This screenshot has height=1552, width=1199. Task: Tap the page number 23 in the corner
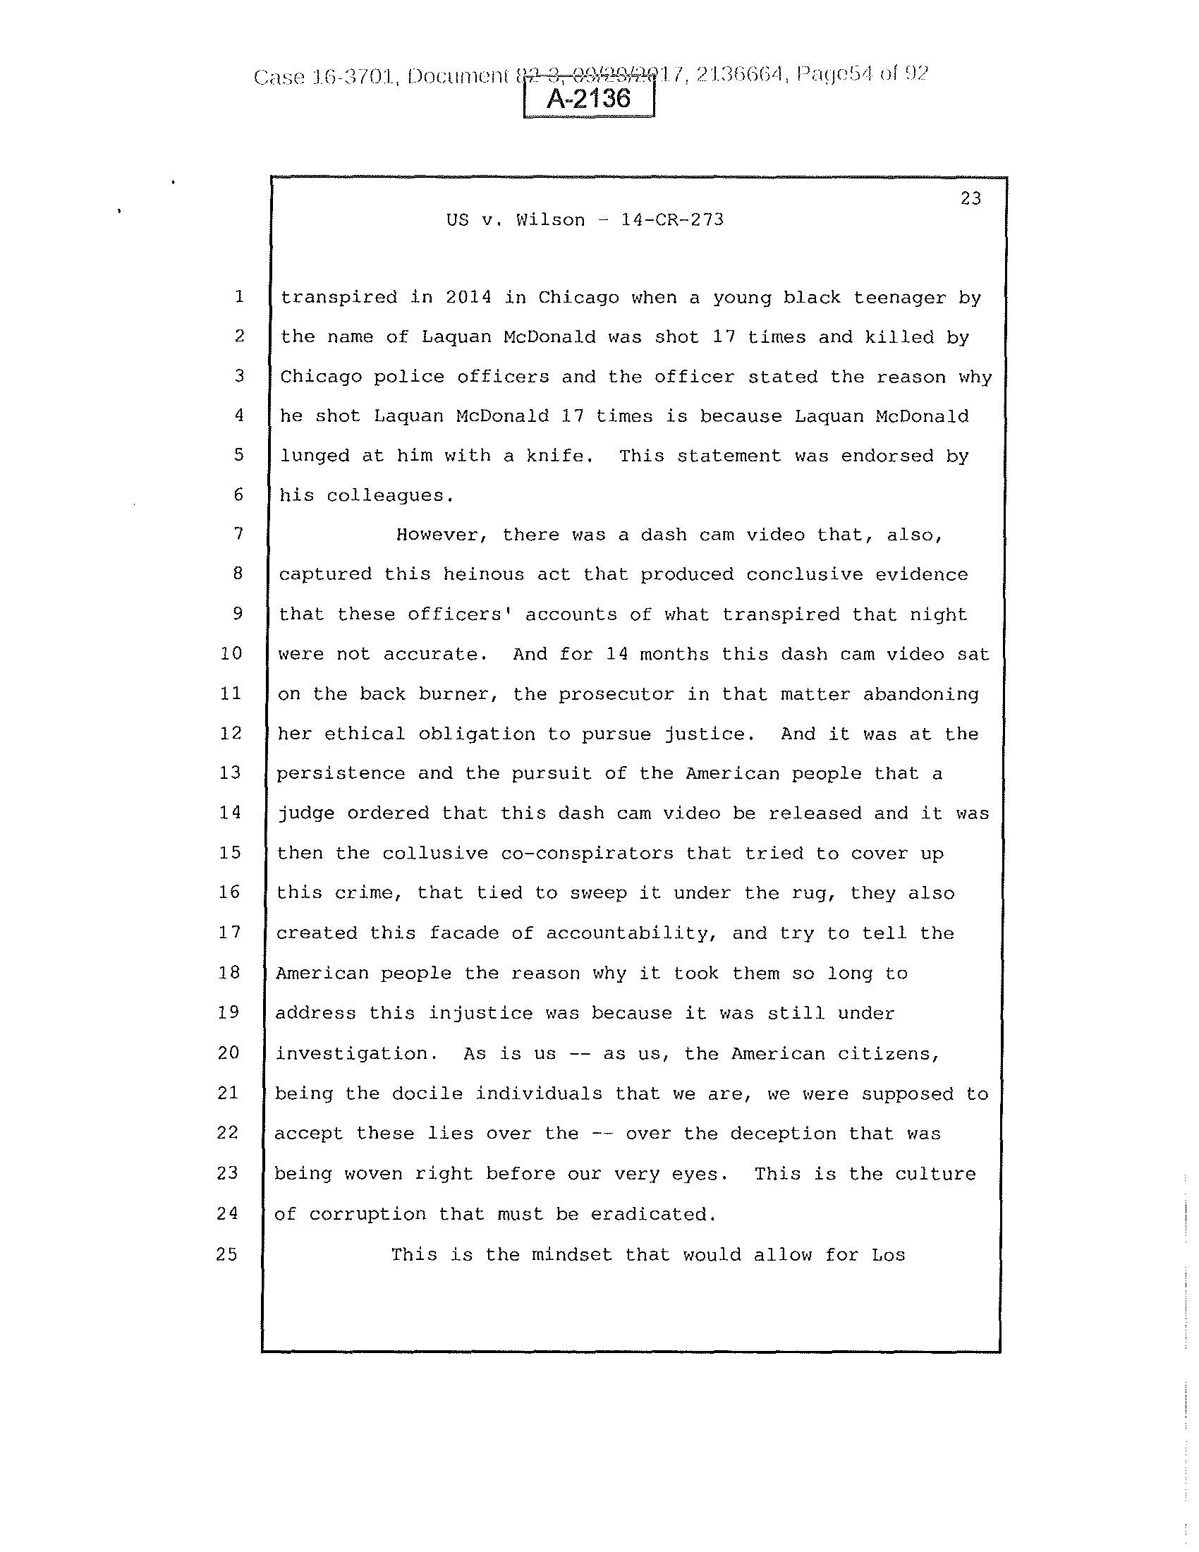tap(970, 199)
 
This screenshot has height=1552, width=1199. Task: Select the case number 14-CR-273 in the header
tap(672, 219)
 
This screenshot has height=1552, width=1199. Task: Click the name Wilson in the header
tap(551, 219)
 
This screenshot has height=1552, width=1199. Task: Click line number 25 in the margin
tap(226, 1254)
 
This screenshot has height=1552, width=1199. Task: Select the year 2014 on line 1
tap(468, 297)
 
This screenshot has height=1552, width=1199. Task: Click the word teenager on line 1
tap(899, 297)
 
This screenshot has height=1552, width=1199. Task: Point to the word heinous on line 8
tap(483, 574)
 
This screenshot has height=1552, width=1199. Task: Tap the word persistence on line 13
tap(340, 773)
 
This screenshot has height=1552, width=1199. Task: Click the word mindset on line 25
tap(572, 1255)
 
